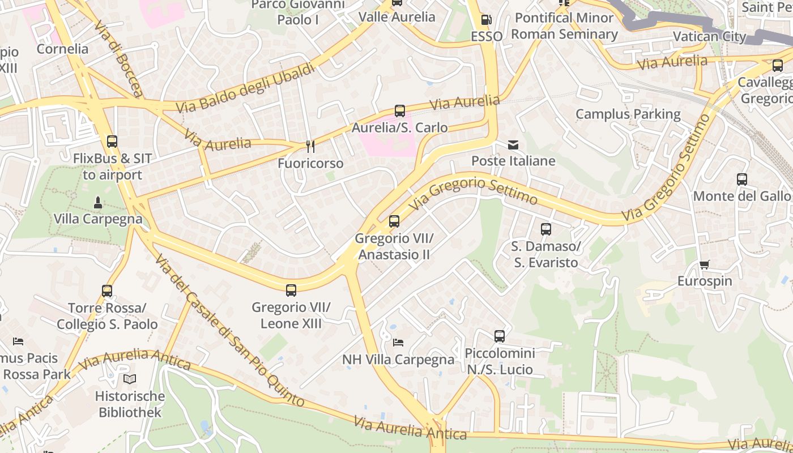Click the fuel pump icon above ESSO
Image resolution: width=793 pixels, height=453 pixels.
[485, 20]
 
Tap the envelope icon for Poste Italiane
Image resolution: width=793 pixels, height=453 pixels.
[513, 145]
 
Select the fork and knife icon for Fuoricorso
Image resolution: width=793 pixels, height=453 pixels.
[310, 147]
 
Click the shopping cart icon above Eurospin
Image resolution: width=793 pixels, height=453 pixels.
[705, 264]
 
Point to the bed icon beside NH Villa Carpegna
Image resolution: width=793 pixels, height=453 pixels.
[398, 343]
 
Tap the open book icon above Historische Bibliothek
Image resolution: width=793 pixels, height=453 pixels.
[130, 379]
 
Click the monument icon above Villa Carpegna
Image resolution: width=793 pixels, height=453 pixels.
[97, 202]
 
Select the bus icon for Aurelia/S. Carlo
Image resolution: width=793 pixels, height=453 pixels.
[400, 111]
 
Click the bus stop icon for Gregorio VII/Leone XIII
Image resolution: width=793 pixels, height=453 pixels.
[291, 290]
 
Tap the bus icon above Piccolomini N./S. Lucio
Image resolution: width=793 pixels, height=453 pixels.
[500, 336]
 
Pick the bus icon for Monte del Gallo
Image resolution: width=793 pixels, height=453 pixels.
[742, 180]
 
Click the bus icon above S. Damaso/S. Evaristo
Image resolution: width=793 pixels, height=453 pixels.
[546, 229]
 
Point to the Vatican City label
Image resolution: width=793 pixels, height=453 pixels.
[709, 37]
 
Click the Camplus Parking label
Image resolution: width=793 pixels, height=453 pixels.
[628, 114]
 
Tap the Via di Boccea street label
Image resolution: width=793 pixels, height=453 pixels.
[118, 59]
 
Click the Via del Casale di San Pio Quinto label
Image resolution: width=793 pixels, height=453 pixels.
[230, 331]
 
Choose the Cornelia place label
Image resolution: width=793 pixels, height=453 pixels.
[62, 49]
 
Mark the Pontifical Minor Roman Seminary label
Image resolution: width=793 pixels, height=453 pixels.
[564, 26]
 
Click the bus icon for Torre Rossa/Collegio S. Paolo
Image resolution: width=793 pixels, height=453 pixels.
[107, 291]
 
